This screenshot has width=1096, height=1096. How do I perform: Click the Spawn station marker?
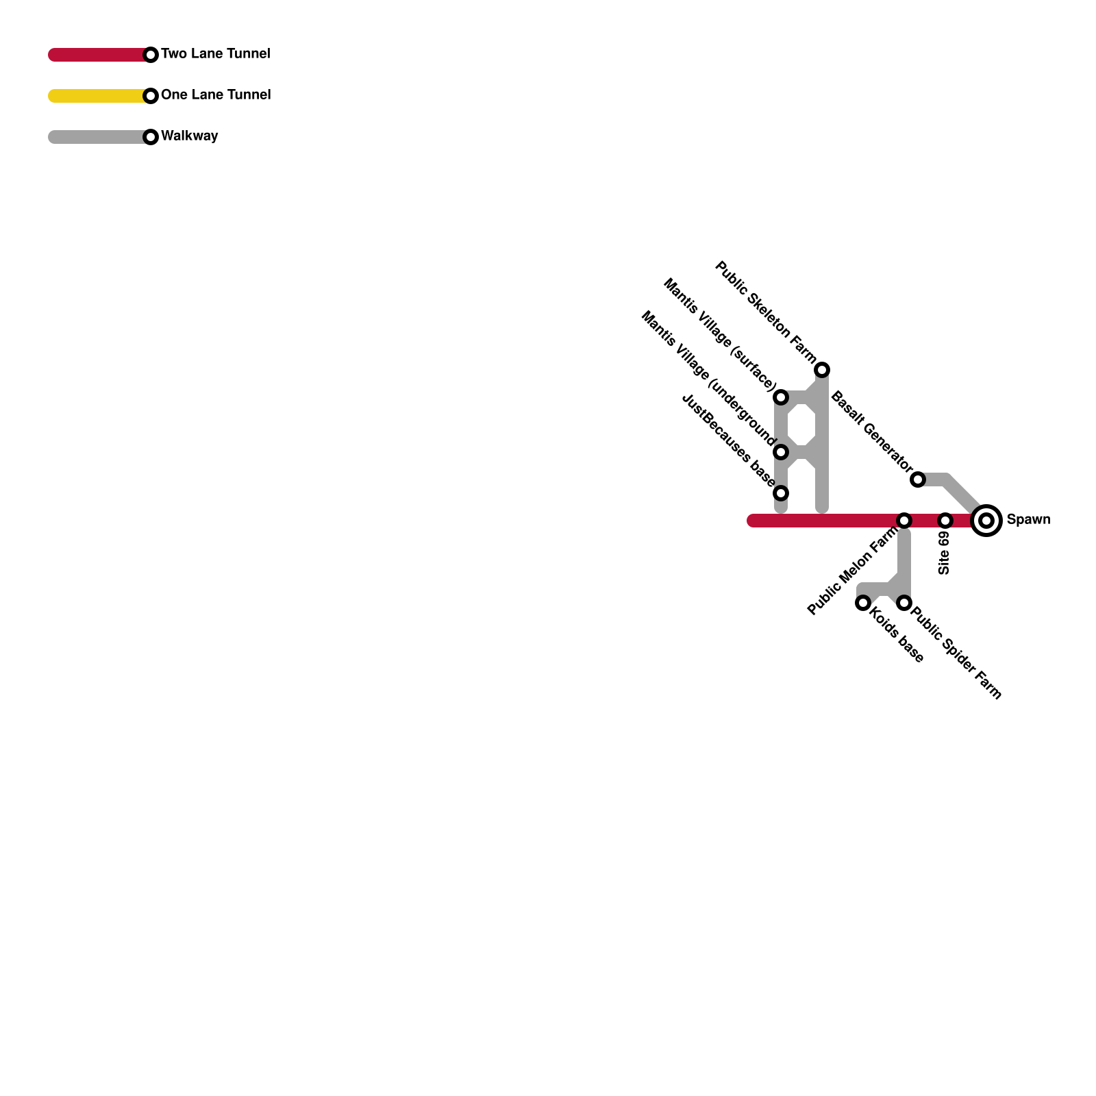pyautogui.click(x=986, y=521)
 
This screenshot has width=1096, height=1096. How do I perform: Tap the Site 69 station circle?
pyautogui.click(x=945, y=521)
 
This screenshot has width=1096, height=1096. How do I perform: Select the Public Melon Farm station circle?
pyautogui.click(x=904, y=521)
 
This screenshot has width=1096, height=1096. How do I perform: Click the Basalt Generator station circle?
pyautogui.click(x=918, y=480)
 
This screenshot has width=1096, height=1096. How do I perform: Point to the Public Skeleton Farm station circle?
pyautogui.click(x=822, y=370)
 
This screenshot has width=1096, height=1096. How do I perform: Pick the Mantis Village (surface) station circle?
pyautogui.click(x=781, y=397)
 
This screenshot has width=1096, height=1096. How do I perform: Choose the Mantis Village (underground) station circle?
pyautogui.click(x=781, y=452)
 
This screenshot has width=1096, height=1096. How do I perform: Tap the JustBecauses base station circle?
pyautogui.click(x=781, y=493)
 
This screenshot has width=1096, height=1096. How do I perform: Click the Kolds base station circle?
pyautogui.click(x=863, y=603)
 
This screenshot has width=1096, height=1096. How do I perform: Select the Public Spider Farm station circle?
pyautogui.click(x=904, y=603)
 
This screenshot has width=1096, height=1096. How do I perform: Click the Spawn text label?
pyautogui.click(x=1028, y=520)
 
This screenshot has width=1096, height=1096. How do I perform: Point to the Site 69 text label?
pyautogui.click(x=945, y=553)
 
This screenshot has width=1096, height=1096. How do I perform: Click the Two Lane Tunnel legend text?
pyautogui.click(x=216, y=54)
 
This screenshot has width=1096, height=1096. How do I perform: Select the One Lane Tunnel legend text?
pyautogui.click(x=216, y=95)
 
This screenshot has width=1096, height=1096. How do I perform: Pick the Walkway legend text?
pyautogui.click(x=190, y=136)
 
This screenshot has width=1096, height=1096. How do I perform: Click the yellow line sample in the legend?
pyautogui.click(x=96, y=96)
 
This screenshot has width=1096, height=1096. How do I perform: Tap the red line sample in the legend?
pyautogui.click(x=96, y=55)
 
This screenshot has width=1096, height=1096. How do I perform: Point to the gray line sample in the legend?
pyautogui.click(x=96, y=137)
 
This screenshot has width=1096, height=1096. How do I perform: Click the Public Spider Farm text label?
pyautogui.click(x=956, y=653)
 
